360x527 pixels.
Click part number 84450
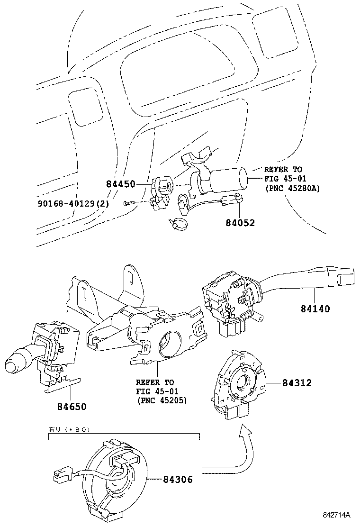pyautogui.click(x=121, y=183)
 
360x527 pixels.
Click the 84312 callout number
pyautogui.click(x=297, y=383)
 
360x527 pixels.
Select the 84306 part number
pyautogui.click(x=178, y=480)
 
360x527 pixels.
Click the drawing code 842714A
pyautogui.click(x=336, y=515)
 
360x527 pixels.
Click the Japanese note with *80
pyautogui.click(x=69, y=430)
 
